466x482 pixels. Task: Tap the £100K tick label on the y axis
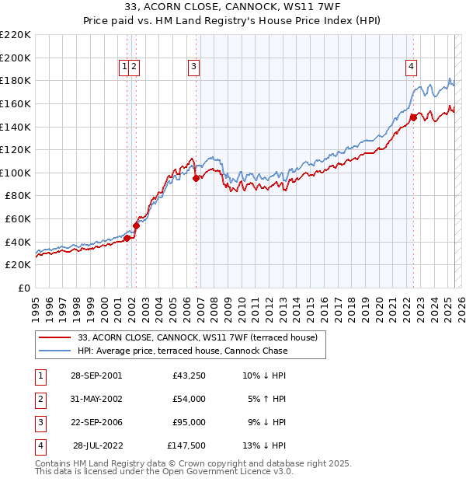pos(16,173)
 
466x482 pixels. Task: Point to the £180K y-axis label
pos(16,80)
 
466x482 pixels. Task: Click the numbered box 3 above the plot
pos(193,68)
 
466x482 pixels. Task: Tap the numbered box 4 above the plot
pos(410,68)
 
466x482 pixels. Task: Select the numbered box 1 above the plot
pos(124,68)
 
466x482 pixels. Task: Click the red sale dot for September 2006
pos(196,178)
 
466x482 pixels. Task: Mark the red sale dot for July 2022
pos(414,117)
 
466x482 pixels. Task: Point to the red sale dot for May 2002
pos(136,225)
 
